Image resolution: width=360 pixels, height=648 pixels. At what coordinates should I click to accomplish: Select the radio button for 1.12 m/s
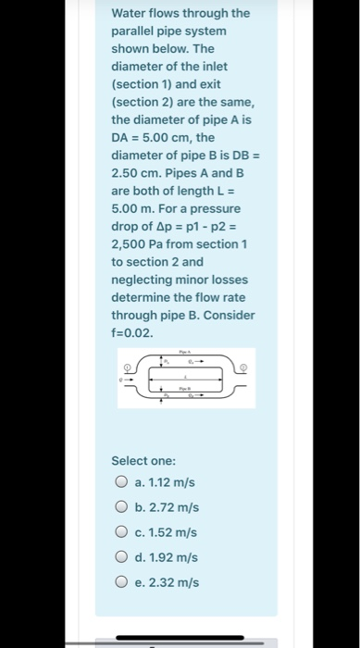[121, 482]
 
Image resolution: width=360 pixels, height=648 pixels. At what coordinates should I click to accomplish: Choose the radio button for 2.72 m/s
[121, 507]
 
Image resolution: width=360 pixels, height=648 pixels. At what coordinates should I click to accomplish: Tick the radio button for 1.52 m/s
[121, 532]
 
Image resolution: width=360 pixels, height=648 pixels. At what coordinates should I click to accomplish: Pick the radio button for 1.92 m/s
[121, 557]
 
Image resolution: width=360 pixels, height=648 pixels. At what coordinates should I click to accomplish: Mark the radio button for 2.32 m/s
[121, 582]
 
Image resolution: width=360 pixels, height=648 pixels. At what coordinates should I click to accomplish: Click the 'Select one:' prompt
[143, 459]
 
